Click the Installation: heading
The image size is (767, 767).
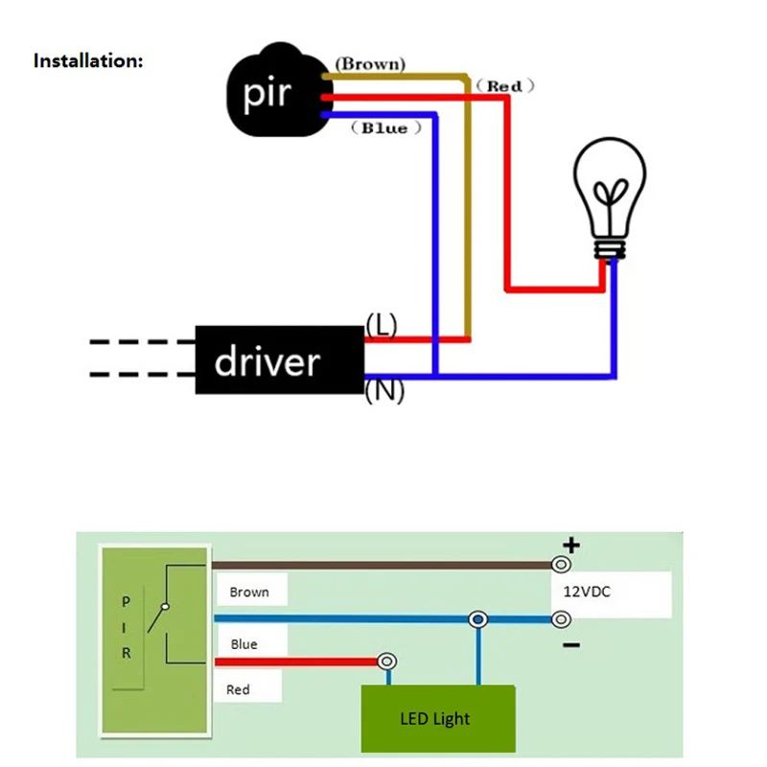(x=88, y=61)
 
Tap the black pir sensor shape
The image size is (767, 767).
(x=279, y=90)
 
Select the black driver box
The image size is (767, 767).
(x=280, y=360)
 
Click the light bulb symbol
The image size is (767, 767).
(x=610, y=198)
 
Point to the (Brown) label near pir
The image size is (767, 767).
(x=370, y=63)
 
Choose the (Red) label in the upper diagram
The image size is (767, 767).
(x=505, y=86)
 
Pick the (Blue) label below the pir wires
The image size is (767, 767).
(x=386, y=128)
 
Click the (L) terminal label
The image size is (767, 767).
(x=382, y=324)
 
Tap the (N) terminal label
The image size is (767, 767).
(x=385, y=391)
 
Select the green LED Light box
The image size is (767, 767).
(x=438, y=718)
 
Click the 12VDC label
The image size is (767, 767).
(x=587, y=592)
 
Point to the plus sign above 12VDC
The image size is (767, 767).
(x=571, y=545)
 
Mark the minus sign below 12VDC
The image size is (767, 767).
(x=571, y=645)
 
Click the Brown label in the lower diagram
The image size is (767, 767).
(x=249, y=593)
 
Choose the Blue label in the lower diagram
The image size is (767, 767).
(x=244, y=644)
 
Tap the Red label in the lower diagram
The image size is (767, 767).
(x=238, y=689)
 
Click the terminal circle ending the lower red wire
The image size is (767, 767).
(x=386, y=662)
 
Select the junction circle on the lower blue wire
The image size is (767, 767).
(x=477, y=619)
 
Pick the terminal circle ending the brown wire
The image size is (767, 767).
(x=561, y=565)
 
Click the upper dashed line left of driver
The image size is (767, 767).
(x=142, y=342)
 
